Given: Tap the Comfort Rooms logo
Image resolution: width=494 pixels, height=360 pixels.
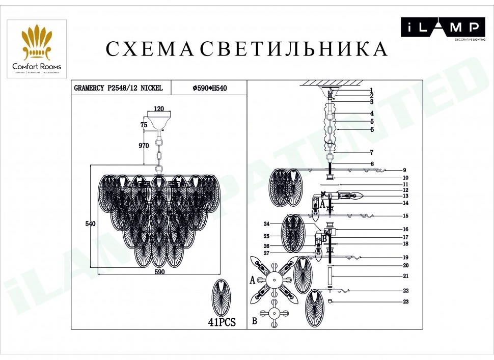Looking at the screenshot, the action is click(x=37, y=49).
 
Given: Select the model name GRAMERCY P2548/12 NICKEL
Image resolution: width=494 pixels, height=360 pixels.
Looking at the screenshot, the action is click(x=119, y=88).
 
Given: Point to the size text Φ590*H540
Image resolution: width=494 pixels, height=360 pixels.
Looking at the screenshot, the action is click(x=209, y=88).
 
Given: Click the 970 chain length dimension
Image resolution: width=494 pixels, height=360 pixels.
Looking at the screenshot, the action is click(x=144, y=146).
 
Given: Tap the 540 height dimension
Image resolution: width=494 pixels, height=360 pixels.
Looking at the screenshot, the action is click(x=91, y=224).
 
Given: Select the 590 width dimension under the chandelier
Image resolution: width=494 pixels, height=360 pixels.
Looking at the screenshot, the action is click(x=160, y=272).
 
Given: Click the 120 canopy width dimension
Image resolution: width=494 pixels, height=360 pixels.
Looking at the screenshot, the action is click(x=158, y=108).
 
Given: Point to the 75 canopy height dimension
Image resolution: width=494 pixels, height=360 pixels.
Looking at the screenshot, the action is click(x=144, y=125).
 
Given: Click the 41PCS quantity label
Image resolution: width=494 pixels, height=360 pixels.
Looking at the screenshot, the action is click(x=222, y=322).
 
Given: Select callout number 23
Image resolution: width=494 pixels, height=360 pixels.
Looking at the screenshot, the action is click(x=406, y=302).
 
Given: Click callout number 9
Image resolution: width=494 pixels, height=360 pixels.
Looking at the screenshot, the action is click(x=405, y=171).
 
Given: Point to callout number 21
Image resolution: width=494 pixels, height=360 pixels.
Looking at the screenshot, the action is click(x=406, y=276).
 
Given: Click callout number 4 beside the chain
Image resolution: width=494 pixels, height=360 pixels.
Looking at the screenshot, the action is click(x=372, y=114).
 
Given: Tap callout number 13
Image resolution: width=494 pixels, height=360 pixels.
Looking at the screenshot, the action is click(x=406, y=196).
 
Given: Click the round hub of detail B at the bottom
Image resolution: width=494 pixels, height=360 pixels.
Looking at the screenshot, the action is click(x=274, y=313).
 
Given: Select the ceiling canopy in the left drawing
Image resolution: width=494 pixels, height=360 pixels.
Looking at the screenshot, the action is click(x=159, y=120).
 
